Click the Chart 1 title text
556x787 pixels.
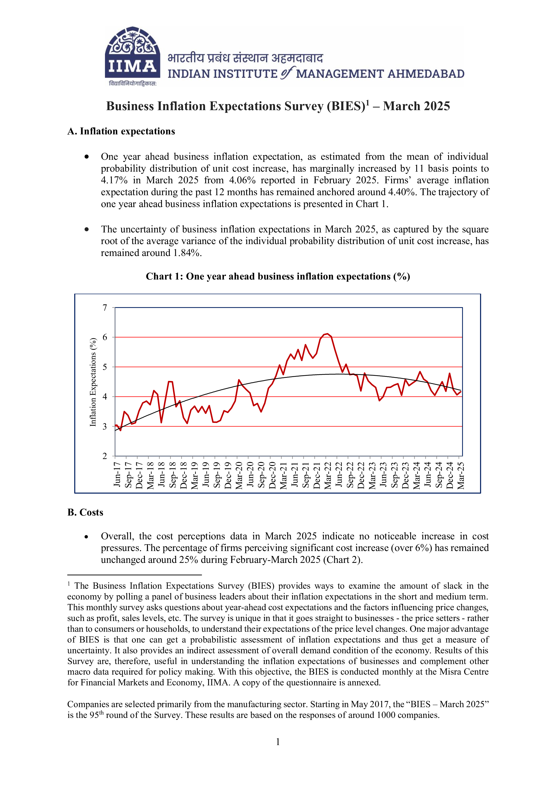tap(278, 276)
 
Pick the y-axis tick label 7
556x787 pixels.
tap(105, 308)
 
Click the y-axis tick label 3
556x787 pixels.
tap(105, 426)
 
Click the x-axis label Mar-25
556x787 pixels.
tap(461, 475)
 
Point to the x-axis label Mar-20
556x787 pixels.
tap(239, 475)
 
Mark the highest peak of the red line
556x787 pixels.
tap(327, 334)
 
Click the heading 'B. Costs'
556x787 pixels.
tap(85, 512)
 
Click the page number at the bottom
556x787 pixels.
tap(278, 741)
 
